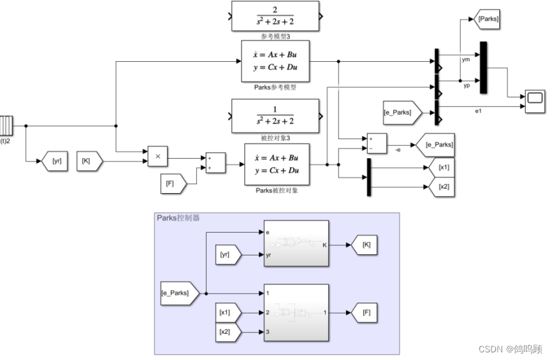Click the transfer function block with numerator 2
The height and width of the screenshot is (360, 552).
(x=275, y=17)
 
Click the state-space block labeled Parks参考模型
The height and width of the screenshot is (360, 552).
(x=275, y=62)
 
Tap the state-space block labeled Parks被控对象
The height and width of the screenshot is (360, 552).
(x=276, y=164)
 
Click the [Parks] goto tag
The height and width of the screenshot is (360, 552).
(x=488, y=19)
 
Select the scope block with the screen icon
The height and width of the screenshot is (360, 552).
(x=535, y=99)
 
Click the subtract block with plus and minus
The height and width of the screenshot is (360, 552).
(x=376, y=144)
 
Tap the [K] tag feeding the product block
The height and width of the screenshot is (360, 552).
(x=89, y=162)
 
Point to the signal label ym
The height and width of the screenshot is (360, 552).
(x=466, y=59)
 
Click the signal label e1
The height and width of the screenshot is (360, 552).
(x=478, y=111)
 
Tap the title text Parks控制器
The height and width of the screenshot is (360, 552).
(x=178, y=218)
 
